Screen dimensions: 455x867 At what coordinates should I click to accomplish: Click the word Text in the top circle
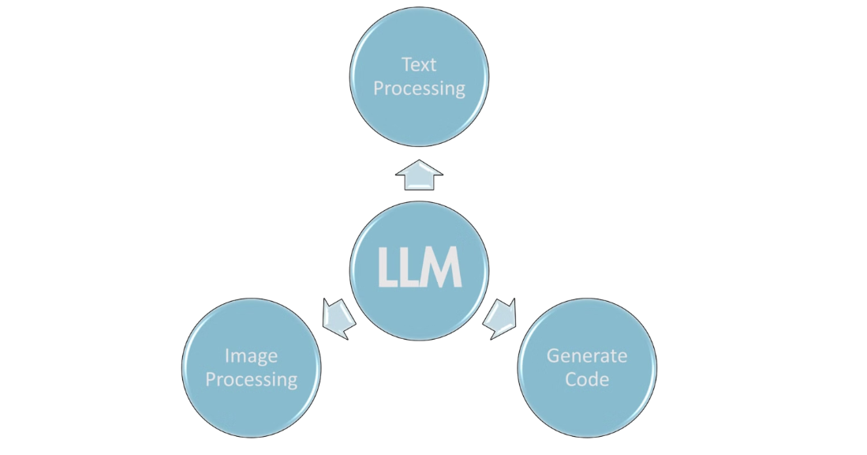pyautogui.click(x=419, y=64)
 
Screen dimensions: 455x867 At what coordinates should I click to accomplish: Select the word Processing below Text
pyautogui.click(x=419, y=88)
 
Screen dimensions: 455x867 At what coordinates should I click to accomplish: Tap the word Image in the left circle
pyautogui.click(x=251, y=355)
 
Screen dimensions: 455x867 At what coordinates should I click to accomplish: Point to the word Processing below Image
pyautogui.click(x=251, y=379)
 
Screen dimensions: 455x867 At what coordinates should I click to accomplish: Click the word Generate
pyautogui.click(x=587, y=355)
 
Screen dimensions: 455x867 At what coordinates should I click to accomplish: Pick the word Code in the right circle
pyautogui.click(x=587, y=379)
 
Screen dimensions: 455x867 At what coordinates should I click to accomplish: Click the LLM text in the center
pyautogui.click(x=419, y=268)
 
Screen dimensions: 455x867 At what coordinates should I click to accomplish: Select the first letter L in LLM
pyautogui.click(x=387, y=268)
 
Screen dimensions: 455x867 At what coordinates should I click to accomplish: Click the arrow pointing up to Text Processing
pyautogui.click(x=419, y=175)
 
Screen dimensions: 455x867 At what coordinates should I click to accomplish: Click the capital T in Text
pyautogui.click(x=405, y=64)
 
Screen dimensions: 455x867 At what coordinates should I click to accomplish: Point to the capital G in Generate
pyautogui.click(x=553, y=355)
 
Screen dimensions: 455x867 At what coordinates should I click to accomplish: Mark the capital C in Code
pyautogui.click(x=571, y=379)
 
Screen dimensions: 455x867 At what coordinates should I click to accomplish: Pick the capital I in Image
pyautogui.click(x=227, y=355)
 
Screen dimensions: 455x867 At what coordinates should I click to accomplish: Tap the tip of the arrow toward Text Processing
pyautogui.click(x=419, y=161)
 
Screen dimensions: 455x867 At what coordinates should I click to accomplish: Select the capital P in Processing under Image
pyautogui.click(x=211, y=379)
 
